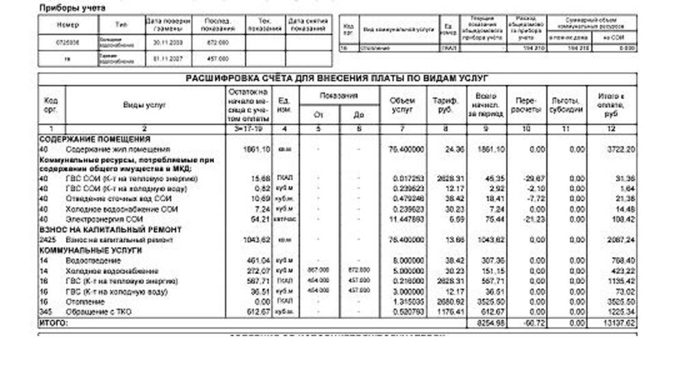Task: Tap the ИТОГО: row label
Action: [53, 322]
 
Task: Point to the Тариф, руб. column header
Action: [445, 105]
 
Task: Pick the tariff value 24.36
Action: [453, 149]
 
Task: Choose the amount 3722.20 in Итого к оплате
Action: [621, 149]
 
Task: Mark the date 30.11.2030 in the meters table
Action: [168, 42]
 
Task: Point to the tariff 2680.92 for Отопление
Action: [451, 301]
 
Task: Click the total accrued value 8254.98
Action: [490, 322]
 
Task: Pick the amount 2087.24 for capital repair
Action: [621, 240]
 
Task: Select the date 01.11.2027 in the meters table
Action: [168, 59]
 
